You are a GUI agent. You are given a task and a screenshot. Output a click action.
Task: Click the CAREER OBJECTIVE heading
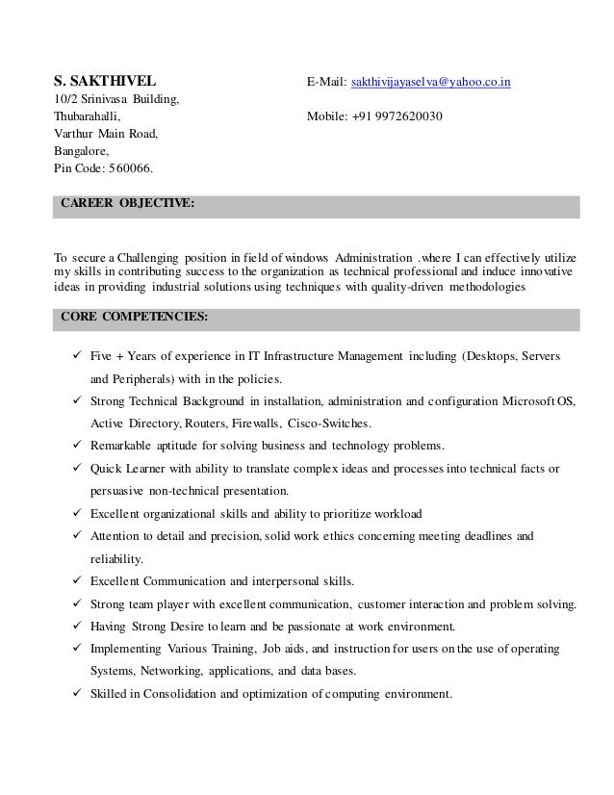tap(127, 204)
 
